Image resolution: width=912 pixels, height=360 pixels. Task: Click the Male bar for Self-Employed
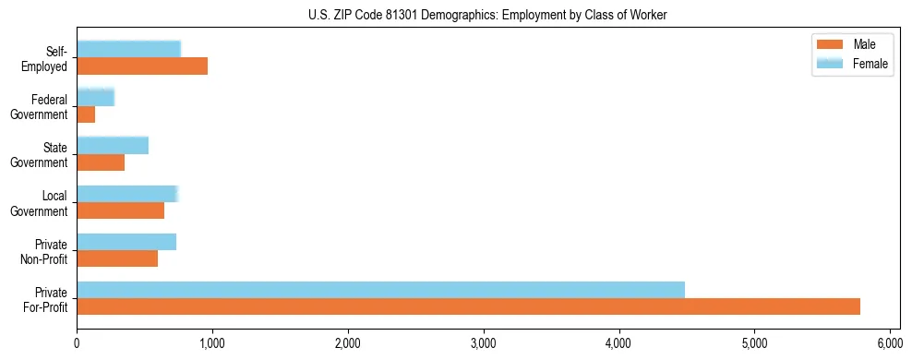click(x=142, y=66)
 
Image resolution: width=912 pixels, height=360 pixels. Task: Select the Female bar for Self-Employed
click(x=128, y=50)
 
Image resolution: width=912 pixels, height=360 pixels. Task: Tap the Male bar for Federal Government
click(x=86, y=114)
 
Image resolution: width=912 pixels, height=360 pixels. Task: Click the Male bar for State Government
click(x=101, y=162)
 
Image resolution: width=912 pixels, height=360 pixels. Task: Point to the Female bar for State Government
click(x=113, y=146)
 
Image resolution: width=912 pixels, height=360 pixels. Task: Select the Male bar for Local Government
click(x=120, y=210)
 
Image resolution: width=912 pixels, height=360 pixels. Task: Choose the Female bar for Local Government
click(x=126, y=194)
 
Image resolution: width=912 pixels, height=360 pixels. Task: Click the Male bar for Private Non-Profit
click(x=117, y=258)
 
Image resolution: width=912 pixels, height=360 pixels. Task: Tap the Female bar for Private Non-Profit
click(x=126, y=242)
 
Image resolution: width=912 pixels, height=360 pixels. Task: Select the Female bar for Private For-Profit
click(x=380, y=290)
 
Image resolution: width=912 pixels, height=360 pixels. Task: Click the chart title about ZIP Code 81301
click(x=487, y=15)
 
